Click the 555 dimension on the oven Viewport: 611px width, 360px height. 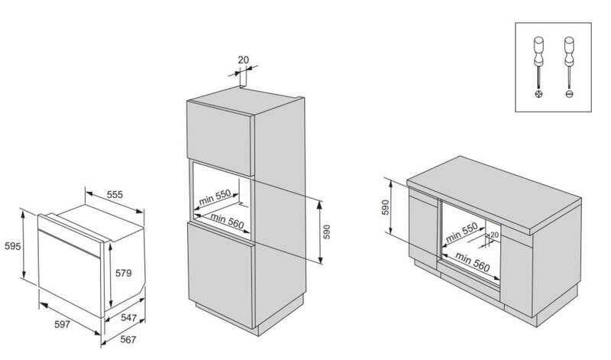tap(115, 195)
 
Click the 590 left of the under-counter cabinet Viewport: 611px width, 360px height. tap(386, 206)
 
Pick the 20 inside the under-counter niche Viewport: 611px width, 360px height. tap(494, 235)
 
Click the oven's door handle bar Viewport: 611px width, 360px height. tap(70, 235)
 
